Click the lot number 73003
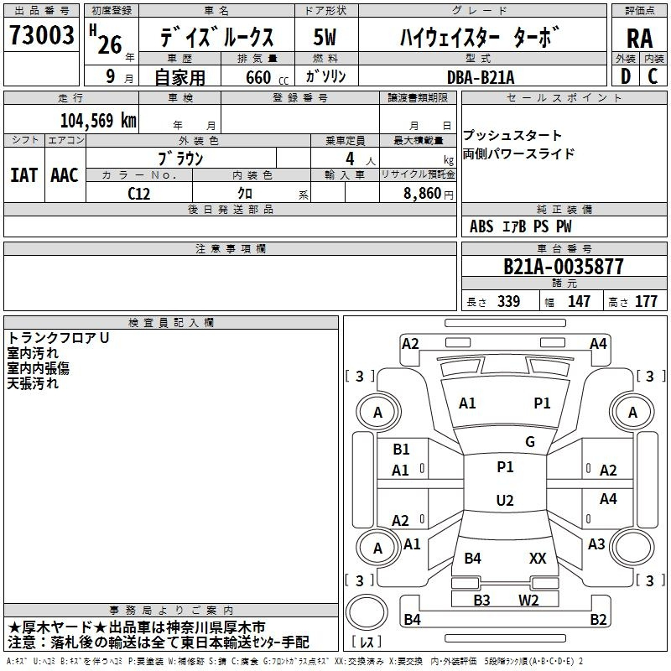click(42, 36)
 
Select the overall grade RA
click(639, 39)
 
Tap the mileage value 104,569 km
click(98, 120)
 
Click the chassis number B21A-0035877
click(564, 268)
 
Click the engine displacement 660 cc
click(260, 78)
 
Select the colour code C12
click(139, 193)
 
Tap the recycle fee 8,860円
click(427, 194)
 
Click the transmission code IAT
click(23, 175)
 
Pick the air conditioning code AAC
click(65, 175)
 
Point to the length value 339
click(508, 302)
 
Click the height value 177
click(646, 302)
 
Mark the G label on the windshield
click(530, 442)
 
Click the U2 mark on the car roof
click(504, 501)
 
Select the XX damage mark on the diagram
click(538, 558)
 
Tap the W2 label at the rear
click(528, 600)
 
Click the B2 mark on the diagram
click(598, 620)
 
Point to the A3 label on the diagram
click(596, 544)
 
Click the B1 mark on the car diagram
click(401, 450)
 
